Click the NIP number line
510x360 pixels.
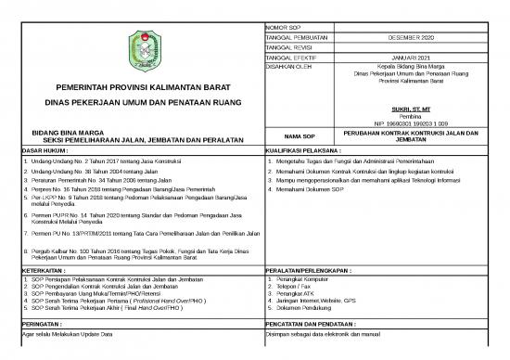411,122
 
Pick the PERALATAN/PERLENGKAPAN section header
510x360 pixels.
313,270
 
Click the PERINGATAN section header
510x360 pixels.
46,323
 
